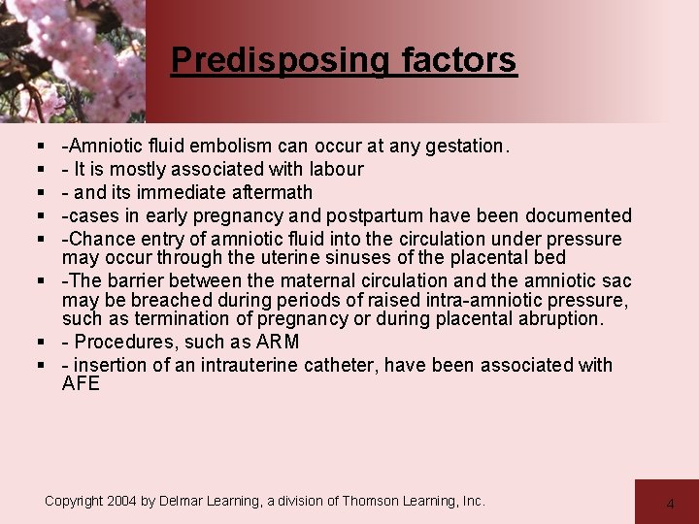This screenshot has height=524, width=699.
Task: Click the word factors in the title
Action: click(458, 60)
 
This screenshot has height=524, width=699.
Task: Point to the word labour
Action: click(334, 169)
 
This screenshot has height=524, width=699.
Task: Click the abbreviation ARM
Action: click(278, 342)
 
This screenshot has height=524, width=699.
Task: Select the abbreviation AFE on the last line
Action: click(81, 383)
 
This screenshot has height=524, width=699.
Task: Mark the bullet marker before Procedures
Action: click(45, 342)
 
